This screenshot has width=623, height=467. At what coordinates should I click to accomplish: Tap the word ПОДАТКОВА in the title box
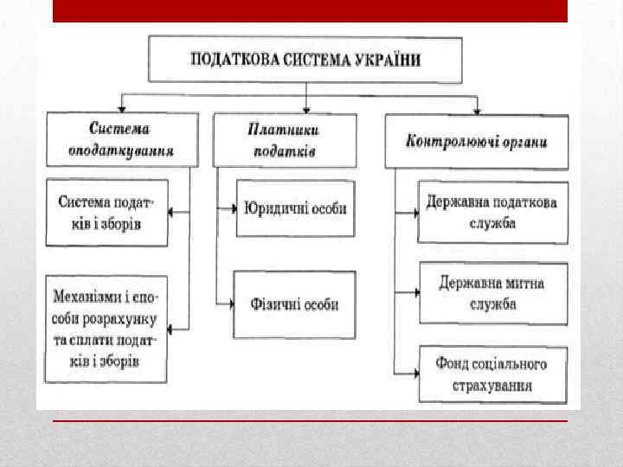coord(232,60)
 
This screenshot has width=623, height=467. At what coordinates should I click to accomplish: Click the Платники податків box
coord(283,139)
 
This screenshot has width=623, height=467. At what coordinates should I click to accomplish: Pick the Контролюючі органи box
coord(477,140)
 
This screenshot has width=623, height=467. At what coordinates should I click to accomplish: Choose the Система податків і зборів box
coord(106,213)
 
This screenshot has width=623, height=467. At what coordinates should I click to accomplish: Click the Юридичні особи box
coord(295,208)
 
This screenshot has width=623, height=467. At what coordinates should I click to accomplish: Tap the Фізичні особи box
coord(294,304)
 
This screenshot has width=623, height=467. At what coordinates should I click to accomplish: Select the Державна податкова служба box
coord(492,213)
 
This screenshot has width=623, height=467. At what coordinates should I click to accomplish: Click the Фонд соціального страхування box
coord(492,374)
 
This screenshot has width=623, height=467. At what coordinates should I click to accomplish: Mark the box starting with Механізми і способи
coord(106,329)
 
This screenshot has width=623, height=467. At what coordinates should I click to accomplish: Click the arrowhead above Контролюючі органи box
coord(477,110)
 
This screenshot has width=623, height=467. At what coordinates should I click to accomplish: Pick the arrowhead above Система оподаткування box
coord(121,109)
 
